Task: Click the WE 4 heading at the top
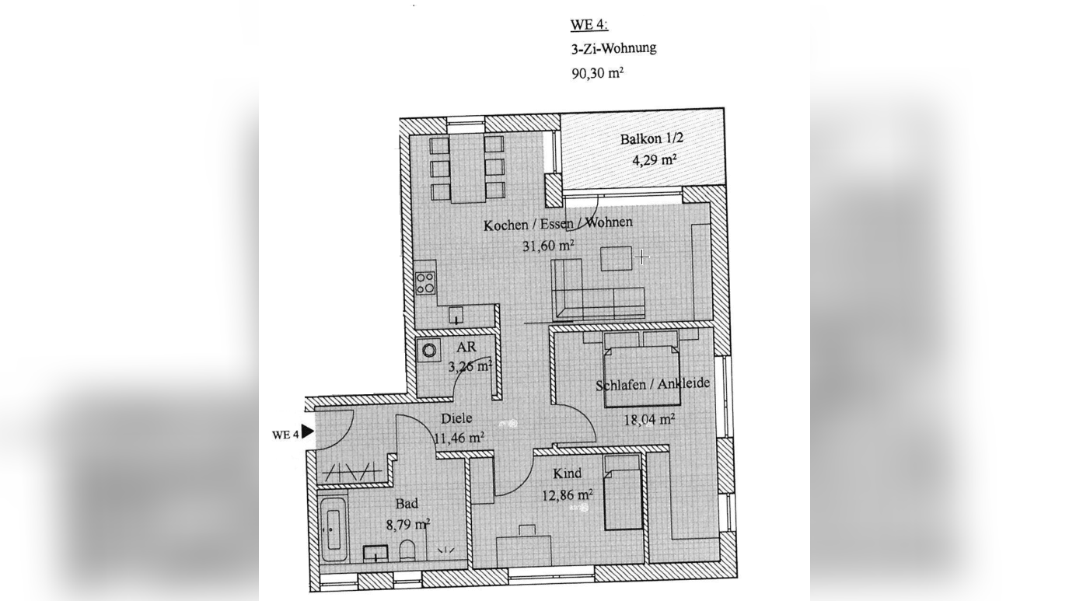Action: (589, 24)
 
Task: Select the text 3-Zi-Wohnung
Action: (613, 48)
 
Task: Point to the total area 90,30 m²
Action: (598, 72)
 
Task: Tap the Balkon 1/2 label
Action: (652, 138)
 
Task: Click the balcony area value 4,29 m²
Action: (655, 159)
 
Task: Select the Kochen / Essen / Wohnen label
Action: (558, 224)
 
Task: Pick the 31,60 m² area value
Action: (548, 246)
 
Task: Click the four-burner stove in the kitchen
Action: (425, 282)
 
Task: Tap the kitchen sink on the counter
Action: (456, 315)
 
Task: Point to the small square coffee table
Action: (616, 258)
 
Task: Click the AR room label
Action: (466, 347)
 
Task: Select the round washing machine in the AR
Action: (429, 351)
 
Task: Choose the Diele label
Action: (456, 418)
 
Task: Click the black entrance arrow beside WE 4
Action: (307, 432)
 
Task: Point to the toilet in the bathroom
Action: (407, 550)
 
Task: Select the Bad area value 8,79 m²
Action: (408, 525)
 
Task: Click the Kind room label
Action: (567, 473)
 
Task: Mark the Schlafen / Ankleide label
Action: (652, 384)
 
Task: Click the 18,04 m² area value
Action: (649, 420)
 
